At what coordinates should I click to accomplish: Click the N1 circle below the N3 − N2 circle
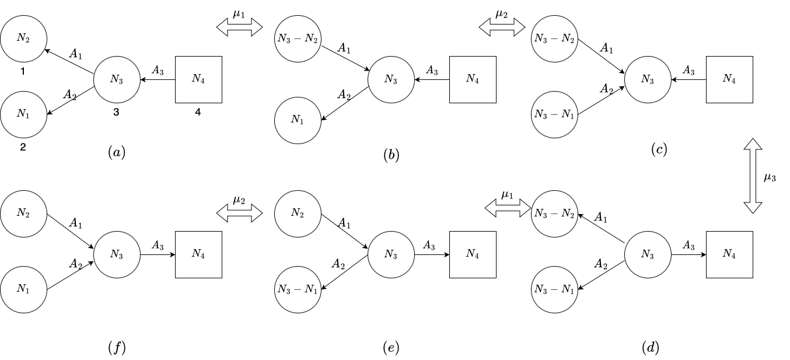(298, 120)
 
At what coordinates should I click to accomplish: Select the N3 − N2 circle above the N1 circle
(298, 39)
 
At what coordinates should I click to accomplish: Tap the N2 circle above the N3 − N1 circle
(298, 214)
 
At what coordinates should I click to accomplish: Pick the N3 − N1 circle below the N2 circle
(298, 289)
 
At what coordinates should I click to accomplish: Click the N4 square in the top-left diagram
(198, 79)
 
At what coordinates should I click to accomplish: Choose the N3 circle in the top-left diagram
(117, 79)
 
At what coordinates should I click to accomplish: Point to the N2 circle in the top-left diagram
(23, 39)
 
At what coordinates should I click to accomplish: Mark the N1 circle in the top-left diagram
(23, 114)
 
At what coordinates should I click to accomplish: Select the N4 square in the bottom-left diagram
(198, 254)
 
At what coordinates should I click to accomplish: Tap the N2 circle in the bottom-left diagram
(23, 214)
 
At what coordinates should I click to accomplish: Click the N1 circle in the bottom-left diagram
(23, 289)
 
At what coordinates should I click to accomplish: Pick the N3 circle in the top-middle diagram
(391, 79)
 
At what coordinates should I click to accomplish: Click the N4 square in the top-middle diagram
(473, 79)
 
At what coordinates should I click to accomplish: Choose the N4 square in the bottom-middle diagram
(473, 254)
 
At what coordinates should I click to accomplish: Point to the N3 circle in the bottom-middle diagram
(391, 254)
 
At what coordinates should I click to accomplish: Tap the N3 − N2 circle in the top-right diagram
(554, 39)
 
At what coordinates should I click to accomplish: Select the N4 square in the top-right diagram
(729, 79)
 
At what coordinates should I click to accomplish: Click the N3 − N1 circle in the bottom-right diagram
(554, 289)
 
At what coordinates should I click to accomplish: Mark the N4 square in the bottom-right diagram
(729, 254)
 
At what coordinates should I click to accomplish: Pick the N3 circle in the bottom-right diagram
(648, 254)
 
